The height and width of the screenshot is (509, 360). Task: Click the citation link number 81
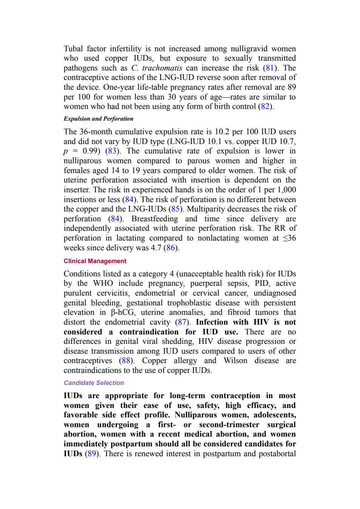pos(269,68)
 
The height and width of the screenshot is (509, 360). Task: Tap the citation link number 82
pos(265,106)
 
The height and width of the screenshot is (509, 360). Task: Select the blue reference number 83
pos(112,151)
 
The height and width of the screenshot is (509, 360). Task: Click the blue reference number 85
pos(175,209)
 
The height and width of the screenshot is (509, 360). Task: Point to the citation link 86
pos(171,248)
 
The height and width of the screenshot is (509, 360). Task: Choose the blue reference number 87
pos(182,322)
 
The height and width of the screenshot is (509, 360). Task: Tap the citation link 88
pos(126,360)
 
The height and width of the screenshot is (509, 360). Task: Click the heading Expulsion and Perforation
pos(98,119)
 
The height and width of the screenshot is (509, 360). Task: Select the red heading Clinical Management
pos(95,261)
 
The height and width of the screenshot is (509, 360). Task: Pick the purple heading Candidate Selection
pos(94,383)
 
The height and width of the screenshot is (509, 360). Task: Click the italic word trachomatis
pos(162,68)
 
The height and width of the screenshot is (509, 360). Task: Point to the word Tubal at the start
pos(73,49)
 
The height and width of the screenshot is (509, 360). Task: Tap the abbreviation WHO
pos(103,284)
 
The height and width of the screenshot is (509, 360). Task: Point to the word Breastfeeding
pos(155,219)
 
